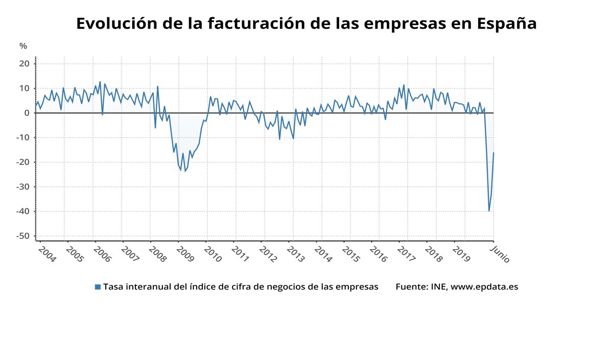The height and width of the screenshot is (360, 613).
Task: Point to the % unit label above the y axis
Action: (23, 46)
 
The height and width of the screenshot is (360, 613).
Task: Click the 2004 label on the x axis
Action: (47, 255)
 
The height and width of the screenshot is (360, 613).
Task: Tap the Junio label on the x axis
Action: (499, 254)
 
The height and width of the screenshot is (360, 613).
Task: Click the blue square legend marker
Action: (98, 287)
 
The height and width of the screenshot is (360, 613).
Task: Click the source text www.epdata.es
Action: (484, 287)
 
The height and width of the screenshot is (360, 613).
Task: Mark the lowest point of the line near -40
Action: (489, 211)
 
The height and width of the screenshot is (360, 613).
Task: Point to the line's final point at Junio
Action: (493, 153)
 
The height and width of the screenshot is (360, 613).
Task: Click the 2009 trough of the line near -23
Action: (185, 171)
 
